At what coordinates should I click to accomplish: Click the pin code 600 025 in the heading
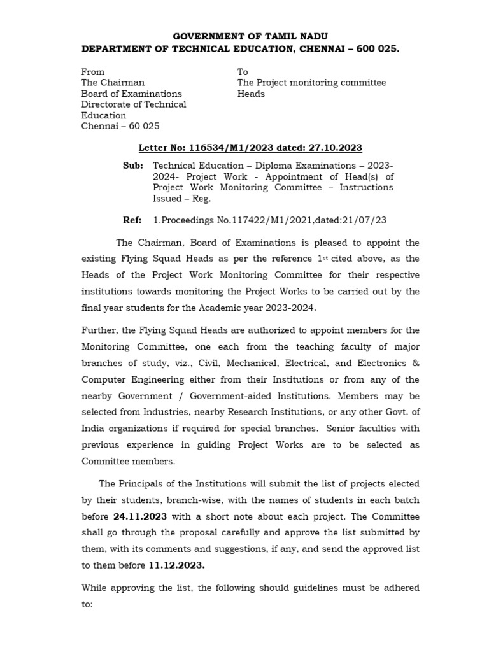click(x=379, y=49)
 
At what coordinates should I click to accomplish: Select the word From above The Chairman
click(x=93, y=72)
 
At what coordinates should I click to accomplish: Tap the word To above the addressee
click(x=243, y=72)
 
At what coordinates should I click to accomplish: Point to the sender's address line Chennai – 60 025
click(x=120, y=126)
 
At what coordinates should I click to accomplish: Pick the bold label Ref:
click(x=132, y=220)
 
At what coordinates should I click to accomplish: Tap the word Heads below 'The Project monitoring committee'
click(x=251, y=94)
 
